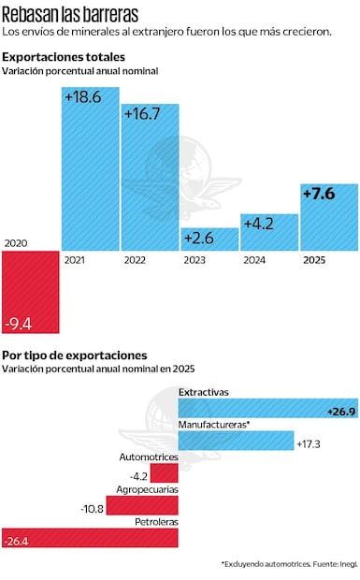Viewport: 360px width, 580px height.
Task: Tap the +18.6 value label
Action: point(82,97)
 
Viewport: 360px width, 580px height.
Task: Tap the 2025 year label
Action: point(316,260)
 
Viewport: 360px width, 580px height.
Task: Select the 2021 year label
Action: point(75,260)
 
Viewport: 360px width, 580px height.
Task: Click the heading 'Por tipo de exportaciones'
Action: point(74,355)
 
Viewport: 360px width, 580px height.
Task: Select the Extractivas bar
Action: point(266,408)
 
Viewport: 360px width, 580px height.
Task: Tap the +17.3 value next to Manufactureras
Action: point(308,443)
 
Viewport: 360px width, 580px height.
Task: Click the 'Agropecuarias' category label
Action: point(147,489)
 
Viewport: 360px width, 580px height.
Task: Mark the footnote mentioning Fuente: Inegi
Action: point(288,564)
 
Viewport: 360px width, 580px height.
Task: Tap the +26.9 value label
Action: point(339,411)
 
